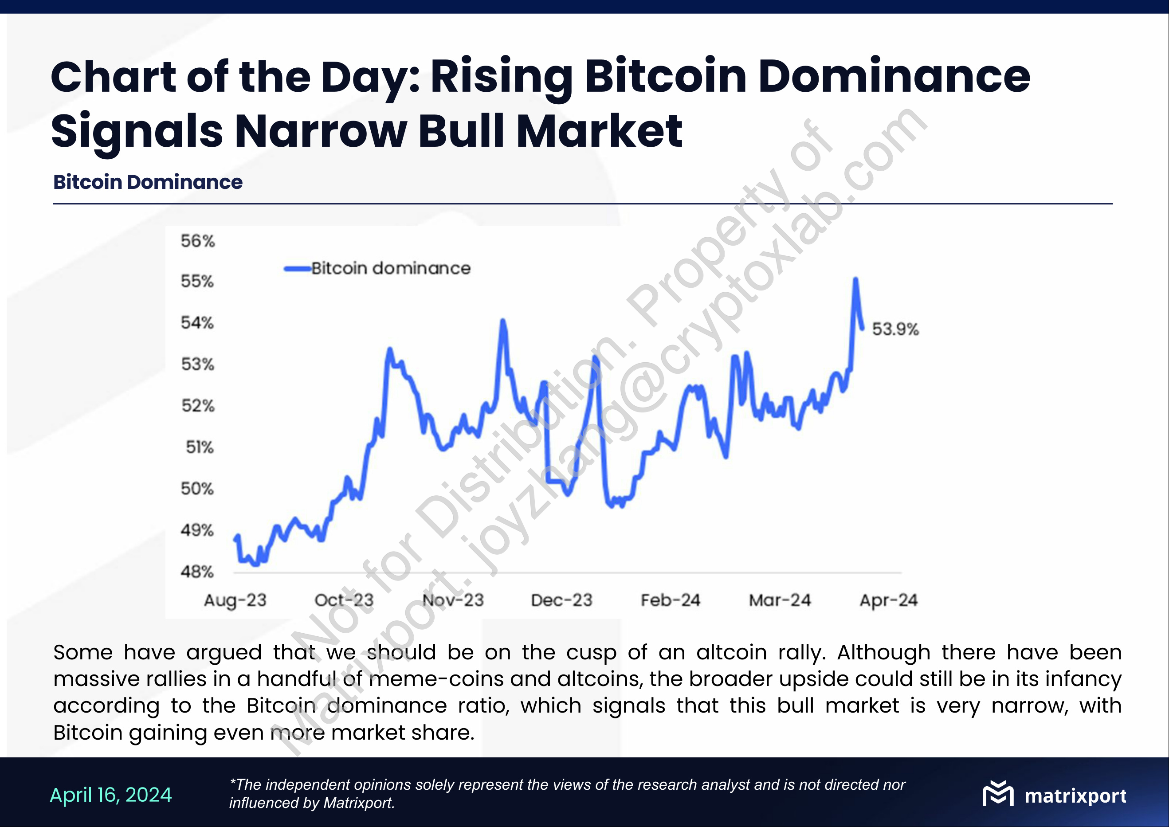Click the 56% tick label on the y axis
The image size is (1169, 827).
[x=197, y=241]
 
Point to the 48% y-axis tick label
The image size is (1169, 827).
[x=197, y=572]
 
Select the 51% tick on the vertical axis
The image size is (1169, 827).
[x=199, y=447]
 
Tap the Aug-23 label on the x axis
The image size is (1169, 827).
[x=235, y=600]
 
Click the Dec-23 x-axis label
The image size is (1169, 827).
[x=561, y=600]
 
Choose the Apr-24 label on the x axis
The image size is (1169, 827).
[x=888, y=600]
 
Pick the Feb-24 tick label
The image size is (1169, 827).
[x=671, y=600]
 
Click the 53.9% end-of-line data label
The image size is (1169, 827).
[x=895, y=329]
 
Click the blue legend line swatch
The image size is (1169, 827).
[x=297, y=268]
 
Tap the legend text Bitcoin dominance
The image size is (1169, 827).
[x=391, y=268]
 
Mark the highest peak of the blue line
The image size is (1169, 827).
[x=855, y=279]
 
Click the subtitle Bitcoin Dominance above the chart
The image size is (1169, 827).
[x=148, y=182]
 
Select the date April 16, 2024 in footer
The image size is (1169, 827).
[x=111, y=795]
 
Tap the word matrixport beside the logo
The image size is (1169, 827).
[x=1075, y=796]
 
